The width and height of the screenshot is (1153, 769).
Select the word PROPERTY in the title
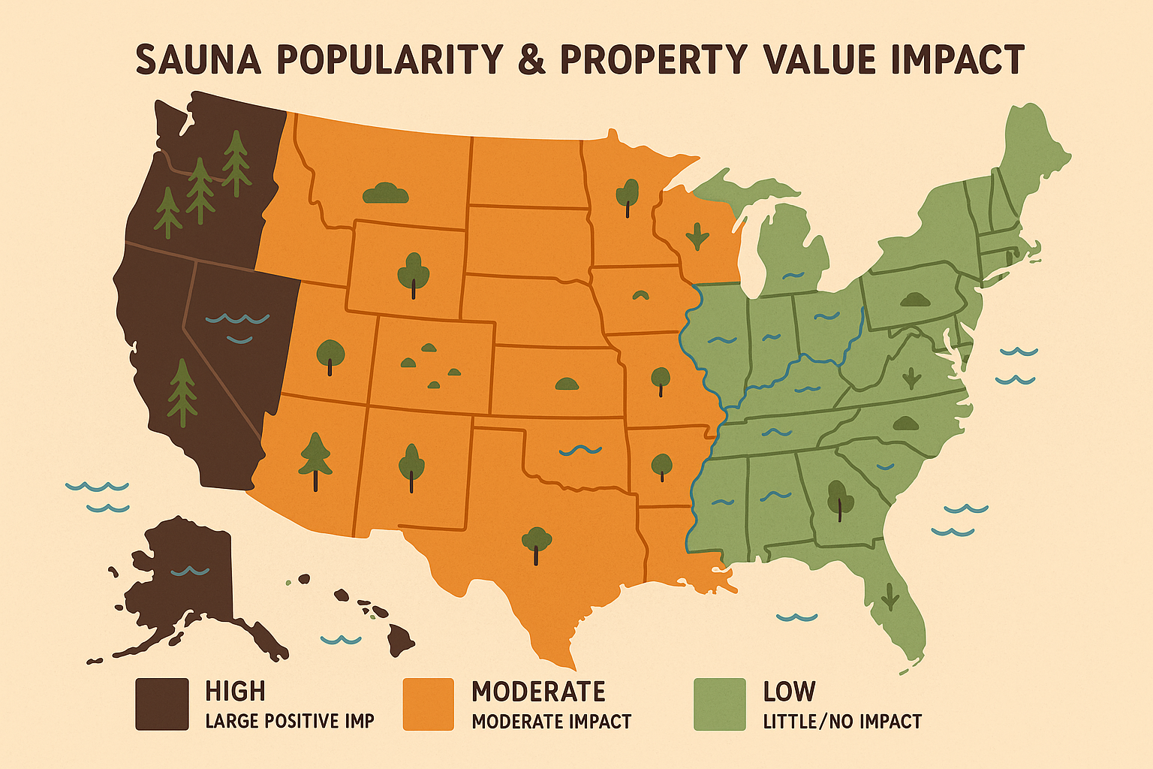coord(654,59)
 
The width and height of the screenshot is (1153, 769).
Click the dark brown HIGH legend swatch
coord(161,704)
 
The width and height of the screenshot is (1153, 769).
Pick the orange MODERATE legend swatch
coord(429,704)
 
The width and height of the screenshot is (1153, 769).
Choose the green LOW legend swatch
coord(719,704)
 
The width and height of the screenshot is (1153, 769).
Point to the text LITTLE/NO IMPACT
coord(842,722)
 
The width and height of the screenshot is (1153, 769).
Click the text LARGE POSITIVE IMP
coord(290,722)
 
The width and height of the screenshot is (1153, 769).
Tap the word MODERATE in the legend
coord(538,691)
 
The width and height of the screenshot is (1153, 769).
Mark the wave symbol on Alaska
coord(190,571)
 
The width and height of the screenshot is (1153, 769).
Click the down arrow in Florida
coord(890,596)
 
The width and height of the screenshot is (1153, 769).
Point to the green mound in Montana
coord(385,194)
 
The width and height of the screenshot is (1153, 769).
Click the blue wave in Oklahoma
coord(580,451)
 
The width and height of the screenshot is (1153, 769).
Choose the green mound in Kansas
coord(567,384)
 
